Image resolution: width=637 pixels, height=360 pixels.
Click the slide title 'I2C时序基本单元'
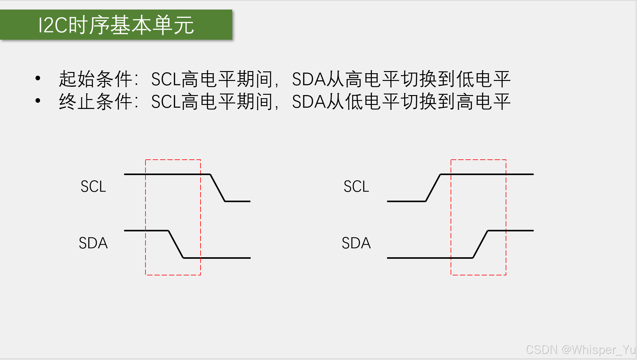(116, 25)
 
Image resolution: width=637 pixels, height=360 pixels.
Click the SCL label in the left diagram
(93, 186)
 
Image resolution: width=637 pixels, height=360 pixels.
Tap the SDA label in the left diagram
(93, 243)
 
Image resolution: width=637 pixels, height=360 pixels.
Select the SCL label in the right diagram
(356, 186)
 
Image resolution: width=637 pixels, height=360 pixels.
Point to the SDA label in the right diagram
(356, 243)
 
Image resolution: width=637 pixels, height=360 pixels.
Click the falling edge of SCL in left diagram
(217, 188)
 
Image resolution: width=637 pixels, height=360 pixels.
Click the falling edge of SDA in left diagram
(176, 244)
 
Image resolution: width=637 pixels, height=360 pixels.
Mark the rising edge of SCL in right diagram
(433, 188)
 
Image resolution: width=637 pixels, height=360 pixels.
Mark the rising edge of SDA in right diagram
(480, 244)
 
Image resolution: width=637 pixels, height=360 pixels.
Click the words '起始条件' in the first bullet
(95, 79)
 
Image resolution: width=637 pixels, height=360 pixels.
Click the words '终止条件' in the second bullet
(95, 102)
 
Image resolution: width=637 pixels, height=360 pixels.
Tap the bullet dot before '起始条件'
(38, 78)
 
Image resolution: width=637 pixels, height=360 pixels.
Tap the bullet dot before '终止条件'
(38, 101)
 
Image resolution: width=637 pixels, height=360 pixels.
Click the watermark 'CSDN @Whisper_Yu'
(580, 350)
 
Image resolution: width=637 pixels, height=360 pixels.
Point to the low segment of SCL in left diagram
(237, 201)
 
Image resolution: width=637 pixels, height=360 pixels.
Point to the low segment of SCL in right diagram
(406, 201)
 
